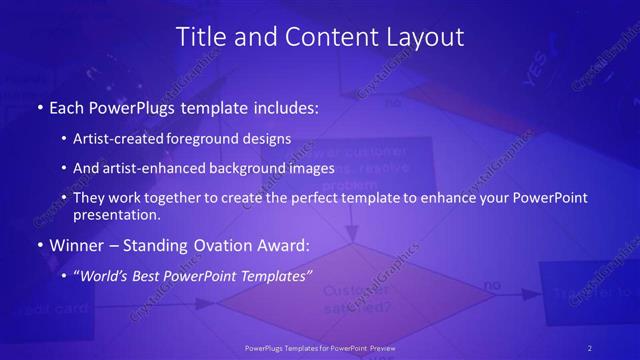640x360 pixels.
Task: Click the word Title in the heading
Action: (x=199, y=38)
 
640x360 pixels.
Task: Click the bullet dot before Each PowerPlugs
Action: (x=39, y=106)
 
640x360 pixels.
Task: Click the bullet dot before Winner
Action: (x=39, y=245)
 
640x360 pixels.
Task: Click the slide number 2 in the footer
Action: (x=590, y=347)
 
